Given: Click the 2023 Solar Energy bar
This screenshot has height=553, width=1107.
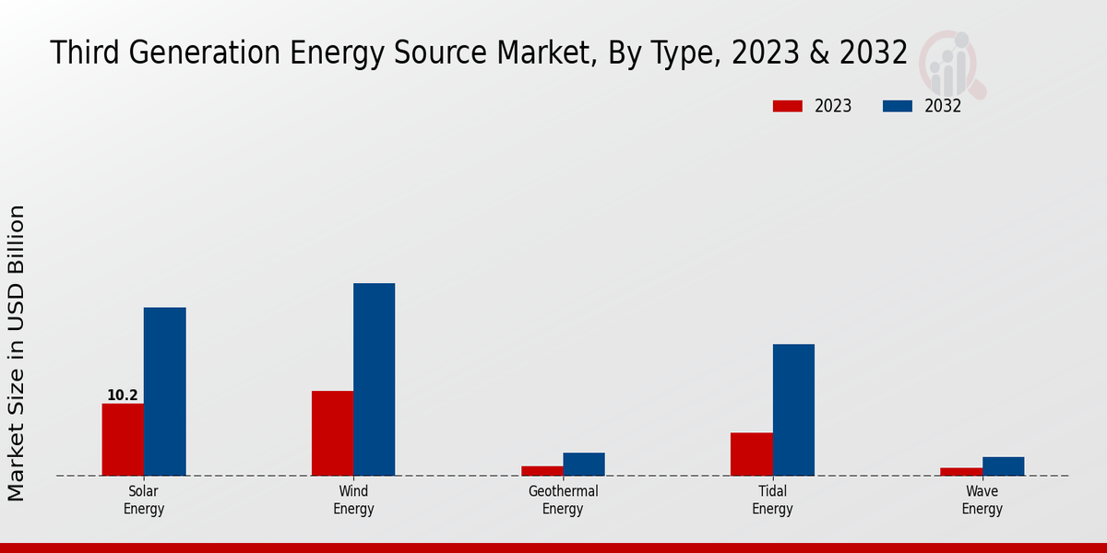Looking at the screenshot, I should tap(123, 440).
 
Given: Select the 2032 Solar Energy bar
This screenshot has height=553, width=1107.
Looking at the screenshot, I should tap(164, 392).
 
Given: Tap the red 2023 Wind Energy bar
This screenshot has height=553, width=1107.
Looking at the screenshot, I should tap(332, 433).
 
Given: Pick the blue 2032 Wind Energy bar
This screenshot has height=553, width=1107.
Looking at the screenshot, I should tap(374, 380).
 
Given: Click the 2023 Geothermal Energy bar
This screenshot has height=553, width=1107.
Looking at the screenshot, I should tap(542, 471).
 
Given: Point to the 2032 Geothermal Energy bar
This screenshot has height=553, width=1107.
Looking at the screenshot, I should tap(584, 465).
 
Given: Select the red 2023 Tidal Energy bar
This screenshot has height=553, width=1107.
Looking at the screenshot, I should tap(751, 454).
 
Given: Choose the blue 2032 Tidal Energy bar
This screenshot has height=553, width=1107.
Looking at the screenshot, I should tap(793, 410).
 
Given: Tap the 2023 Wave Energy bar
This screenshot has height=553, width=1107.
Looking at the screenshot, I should tap(961, 472).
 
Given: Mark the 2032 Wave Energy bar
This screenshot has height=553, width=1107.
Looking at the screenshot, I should tap(1003, 466).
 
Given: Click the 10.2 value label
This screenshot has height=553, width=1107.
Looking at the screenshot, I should tap(123, 395).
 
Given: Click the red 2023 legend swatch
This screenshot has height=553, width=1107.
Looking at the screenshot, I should tap(788, 106).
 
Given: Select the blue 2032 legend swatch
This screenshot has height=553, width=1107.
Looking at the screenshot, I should tap(898, 106).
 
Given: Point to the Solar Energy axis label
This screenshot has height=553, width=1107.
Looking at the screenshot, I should tap(144, 500).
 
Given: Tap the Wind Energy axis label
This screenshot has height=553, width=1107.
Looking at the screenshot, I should tap(353, 500).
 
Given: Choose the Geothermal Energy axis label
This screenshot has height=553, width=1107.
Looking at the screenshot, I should tap(563, 500).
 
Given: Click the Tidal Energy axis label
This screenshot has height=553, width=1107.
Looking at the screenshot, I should tap(772, 500).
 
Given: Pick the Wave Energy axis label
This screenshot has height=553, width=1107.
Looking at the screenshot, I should tap(982, 500).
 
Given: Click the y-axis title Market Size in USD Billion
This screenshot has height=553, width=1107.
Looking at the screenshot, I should tap(17, 353).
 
